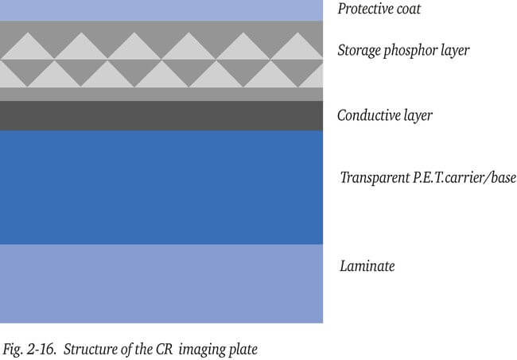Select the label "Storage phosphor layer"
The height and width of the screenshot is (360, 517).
[x=403, y=51]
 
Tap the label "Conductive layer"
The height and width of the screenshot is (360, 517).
[x=384, y=115]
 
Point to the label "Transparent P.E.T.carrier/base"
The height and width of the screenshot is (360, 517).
[x=428, y=177]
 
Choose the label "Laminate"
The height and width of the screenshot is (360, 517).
[x=367, y=266]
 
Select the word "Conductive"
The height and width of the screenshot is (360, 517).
[x=370, y=115]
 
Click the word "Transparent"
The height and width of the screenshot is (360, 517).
[x=374, y=177]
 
